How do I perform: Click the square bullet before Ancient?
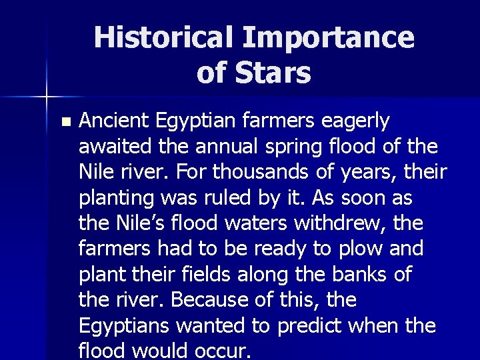[64, 122]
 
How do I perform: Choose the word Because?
[202, 300]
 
